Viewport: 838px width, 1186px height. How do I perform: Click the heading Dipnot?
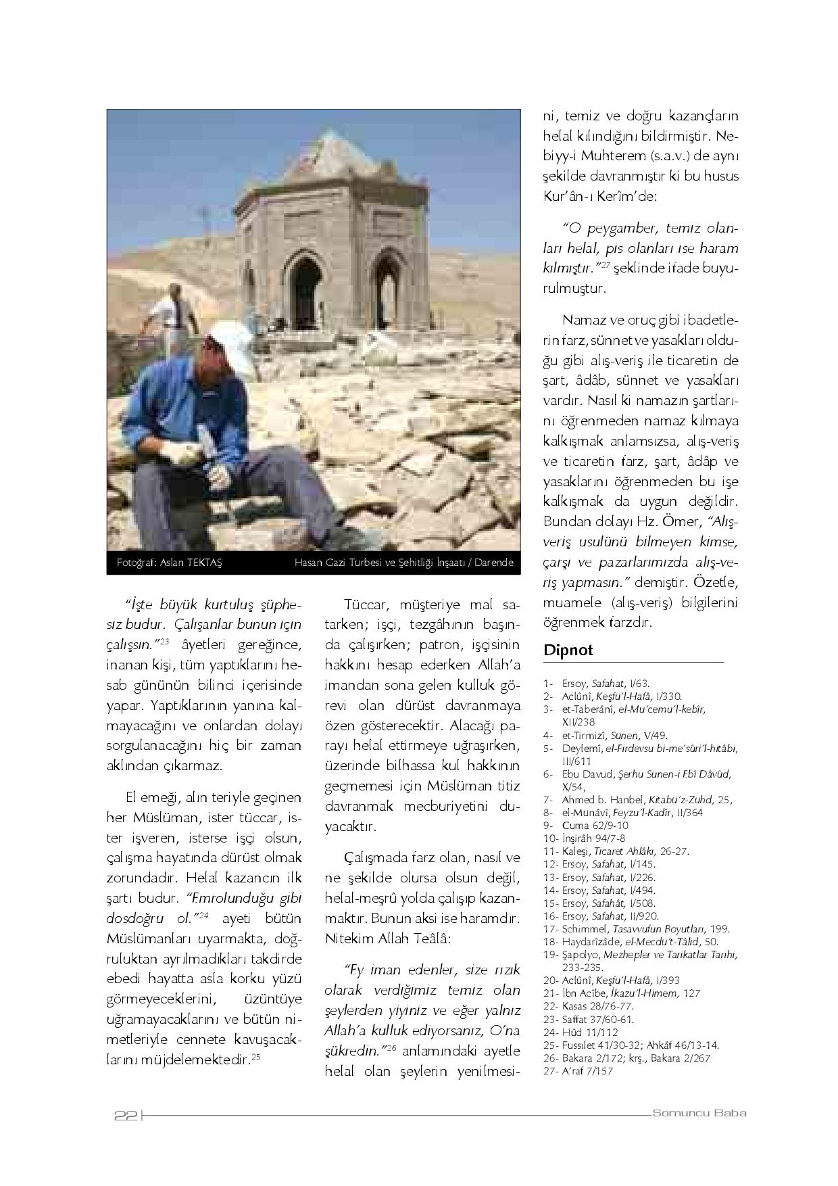coord(568,650)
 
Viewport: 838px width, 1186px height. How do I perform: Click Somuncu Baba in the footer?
coord(699,1113)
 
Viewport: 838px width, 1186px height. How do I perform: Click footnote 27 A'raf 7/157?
coord(578,1071)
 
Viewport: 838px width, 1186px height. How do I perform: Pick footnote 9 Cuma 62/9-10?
coord(585,825)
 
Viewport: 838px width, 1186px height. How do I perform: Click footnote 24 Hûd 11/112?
coord(581,1033)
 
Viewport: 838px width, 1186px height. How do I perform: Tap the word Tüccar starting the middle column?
coord(365,604)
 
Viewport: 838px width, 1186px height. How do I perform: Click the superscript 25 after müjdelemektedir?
coord(255,1057)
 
